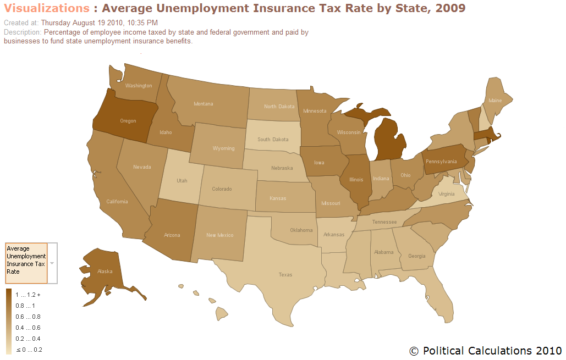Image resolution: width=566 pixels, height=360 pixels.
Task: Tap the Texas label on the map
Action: click(285, 274)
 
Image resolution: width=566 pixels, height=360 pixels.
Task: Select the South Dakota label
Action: click(273, 139)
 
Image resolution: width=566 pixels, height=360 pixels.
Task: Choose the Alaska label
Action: click(105, 271)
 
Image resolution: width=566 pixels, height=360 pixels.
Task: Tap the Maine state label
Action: click(495, 101)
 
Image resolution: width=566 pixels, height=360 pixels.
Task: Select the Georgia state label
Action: click(416, 256)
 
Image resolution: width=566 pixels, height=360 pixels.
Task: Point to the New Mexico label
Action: click(219, 235)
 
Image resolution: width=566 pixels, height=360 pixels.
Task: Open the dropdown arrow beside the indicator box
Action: click(52, 263)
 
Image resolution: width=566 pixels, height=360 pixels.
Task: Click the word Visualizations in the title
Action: click(46, 8)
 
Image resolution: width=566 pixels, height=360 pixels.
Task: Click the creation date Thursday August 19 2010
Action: click(99, 23)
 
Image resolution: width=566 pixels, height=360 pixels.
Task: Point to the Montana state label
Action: click(204, 103)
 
